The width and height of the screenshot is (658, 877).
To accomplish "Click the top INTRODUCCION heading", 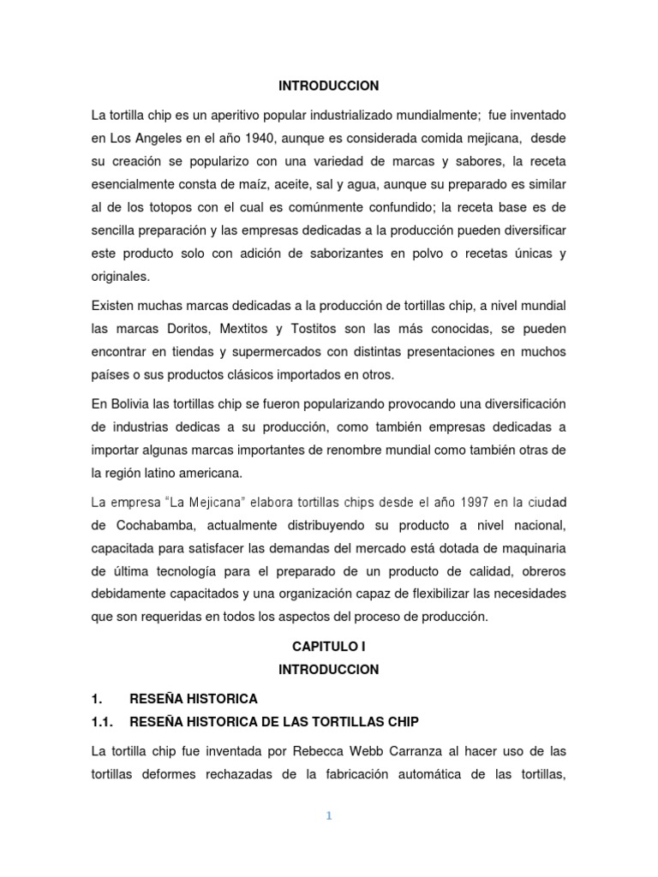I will click(x=329, y=87).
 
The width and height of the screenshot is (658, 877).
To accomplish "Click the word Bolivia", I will click(x=131, y=403).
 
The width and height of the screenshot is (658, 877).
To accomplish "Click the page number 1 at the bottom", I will click(x=328, y=816).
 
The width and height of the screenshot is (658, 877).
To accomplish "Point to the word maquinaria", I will click(x=530, y=547).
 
